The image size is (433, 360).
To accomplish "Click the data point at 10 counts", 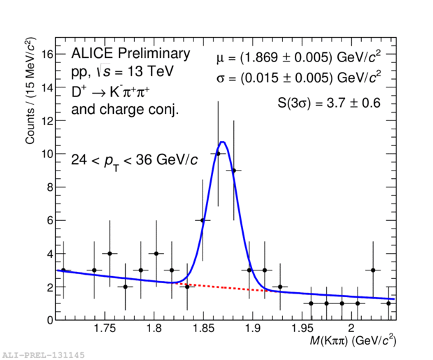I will tap(218, 154).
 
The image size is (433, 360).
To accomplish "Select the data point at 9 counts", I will tap(233, 170).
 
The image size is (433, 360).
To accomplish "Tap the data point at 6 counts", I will tap(203, 220).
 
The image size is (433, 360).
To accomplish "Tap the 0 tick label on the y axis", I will tap(50, 320).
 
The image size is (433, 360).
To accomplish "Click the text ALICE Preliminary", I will tap(130, 55).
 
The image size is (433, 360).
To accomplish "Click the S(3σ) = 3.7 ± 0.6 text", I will tap(328, 103).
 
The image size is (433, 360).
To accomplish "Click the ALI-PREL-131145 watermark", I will tap(43, 355).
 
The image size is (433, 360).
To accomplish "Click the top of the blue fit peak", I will tap(223, 142).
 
